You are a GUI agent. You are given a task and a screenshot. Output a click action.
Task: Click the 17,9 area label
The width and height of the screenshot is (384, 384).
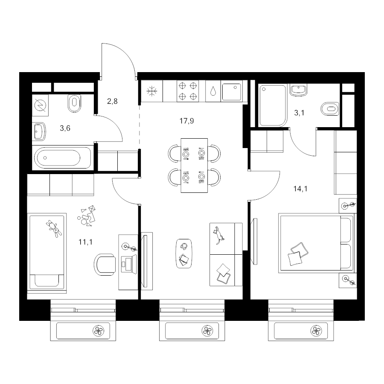(x=186, y=121)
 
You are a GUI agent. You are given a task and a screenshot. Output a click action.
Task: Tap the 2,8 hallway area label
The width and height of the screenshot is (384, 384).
(x=112, y=101)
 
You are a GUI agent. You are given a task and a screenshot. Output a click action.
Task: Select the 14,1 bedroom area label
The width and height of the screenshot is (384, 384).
(x=300, y=189)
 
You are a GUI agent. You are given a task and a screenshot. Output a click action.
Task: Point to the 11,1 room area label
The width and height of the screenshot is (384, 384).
(x=85, y=242)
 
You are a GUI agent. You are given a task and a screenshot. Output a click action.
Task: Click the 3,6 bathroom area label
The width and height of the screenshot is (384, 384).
(x=65, y=128)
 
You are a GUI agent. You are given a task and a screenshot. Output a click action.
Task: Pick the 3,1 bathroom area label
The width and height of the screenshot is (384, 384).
(x=299, y=113)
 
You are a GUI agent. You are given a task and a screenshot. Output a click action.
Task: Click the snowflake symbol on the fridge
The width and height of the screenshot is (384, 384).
(x=152, y=91)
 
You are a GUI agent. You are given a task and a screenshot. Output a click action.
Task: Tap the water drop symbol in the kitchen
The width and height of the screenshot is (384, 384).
(x=213, y=91)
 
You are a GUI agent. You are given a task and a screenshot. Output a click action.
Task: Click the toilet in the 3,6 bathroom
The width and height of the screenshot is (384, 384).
(x=74, y=103)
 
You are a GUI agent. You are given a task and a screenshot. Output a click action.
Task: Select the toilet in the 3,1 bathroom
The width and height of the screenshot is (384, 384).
(x=330, y=109)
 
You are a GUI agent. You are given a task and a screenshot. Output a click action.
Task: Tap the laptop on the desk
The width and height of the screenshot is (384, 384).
(x=129, y=264)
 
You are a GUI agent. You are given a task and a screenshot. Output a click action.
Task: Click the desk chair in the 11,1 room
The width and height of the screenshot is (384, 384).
(x=105, y=265)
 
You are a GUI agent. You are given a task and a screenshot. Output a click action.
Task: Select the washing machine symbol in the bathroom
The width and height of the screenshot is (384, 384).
(x=40, y=105)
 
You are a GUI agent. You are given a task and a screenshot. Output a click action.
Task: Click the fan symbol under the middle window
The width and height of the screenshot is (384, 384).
(x=207, y=331)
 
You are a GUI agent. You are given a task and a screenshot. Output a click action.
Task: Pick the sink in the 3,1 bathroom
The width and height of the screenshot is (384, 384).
(x=298, y=90)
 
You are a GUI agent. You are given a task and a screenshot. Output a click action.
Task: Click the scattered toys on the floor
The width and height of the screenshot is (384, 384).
(x=87, y=216)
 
